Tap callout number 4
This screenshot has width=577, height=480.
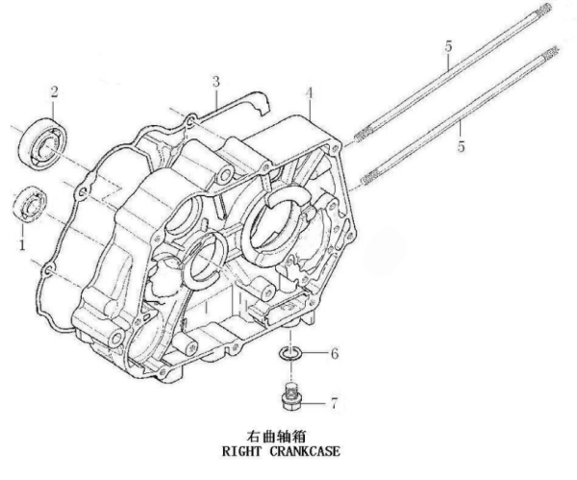pyautogui.click(x=309, y=93)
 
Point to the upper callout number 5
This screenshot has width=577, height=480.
pyautogui.click(x=447, y=48)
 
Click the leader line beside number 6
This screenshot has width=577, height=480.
pyautogui.click(x=315, y=355)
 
